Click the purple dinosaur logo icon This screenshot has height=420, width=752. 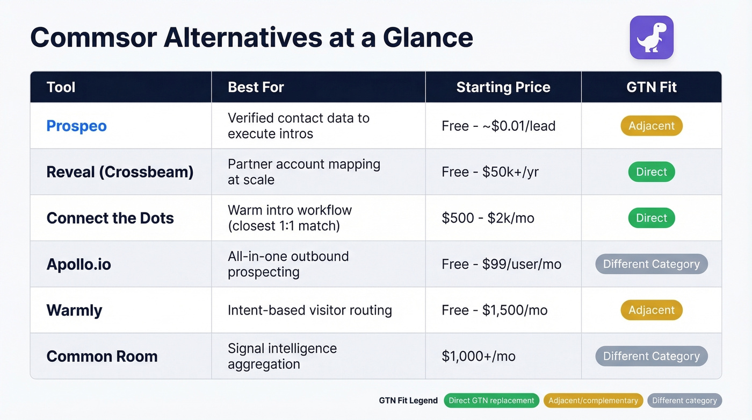click(651, 37)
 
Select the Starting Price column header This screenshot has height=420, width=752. click(503, 87)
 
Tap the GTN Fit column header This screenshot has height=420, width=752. click(651, 87)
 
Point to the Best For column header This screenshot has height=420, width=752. click(256, 87)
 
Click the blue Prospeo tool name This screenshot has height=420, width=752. click(76, 126)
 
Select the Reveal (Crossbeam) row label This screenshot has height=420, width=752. click(120, 172)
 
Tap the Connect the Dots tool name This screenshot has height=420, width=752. click(110, 218)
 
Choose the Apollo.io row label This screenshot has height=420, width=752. click(78, 264)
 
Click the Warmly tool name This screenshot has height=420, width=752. click(74, 310)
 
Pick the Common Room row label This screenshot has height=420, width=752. click(102, 356)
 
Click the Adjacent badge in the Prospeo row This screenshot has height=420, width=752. click(651, 126)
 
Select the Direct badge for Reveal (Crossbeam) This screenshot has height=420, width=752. click(651, 172)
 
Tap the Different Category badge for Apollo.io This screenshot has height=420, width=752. click(651, 264)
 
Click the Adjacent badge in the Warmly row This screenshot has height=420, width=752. click(651, 310)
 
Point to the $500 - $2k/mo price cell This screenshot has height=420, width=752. click(488, 218)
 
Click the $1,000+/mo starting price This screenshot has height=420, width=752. click(478, 356)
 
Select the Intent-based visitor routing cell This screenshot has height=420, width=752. click(309, 310)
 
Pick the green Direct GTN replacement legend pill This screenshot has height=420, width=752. click(491, 401)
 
